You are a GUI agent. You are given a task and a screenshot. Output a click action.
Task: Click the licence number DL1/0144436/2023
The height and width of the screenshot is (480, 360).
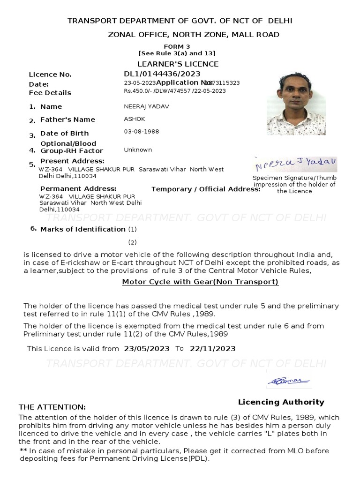coord(162,74)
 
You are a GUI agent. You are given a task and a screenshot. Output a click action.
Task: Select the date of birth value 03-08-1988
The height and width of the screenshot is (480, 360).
coord(141,131)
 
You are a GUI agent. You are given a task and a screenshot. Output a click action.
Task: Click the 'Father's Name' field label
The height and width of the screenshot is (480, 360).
coord(67,120)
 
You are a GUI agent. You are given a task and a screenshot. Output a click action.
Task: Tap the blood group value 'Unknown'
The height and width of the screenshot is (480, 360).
coord(138,150)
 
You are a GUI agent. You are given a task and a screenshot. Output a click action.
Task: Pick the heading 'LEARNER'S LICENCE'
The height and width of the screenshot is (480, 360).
coord(178,64)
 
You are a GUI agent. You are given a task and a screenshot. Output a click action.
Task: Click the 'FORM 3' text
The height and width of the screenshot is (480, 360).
coord(177,47)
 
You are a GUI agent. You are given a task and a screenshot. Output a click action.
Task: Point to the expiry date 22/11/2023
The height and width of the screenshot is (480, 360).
coord(212,349)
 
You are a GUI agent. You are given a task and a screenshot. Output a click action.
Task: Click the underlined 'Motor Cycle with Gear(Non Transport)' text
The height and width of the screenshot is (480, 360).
coord(200,282)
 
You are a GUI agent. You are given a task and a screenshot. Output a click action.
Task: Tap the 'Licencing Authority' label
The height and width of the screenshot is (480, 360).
coord(281,402)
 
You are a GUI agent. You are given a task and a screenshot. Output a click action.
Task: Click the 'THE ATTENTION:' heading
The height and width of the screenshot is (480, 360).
coord(52,407)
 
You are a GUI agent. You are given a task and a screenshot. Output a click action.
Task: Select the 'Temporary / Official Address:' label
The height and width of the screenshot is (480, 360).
coord(206,189)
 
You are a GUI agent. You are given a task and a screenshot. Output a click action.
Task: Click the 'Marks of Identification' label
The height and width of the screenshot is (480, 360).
coord(82,229)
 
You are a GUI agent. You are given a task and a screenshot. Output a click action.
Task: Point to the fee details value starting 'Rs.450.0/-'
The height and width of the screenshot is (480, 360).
coord(174,91)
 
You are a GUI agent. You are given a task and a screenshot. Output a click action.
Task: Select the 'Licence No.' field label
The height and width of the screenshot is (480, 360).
coord(50,75)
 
